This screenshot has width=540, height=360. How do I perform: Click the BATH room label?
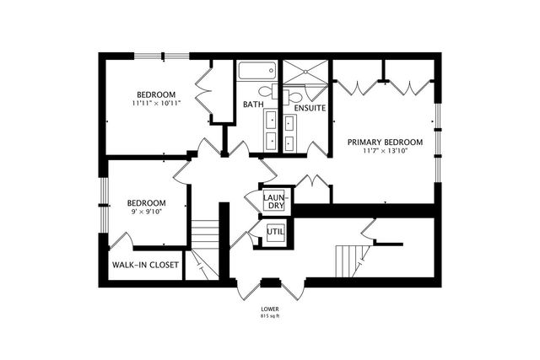click(252, 105)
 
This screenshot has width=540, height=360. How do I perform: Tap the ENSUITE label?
click(310, 108)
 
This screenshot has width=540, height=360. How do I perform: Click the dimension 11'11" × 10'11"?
click(157, 103)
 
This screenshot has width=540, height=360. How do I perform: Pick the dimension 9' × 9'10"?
click(146, 212)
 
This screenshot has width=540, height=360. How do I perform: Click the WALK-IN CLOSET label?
click(144, 265)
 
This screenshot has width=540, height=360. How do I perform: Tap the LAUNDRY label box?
click(274, 201)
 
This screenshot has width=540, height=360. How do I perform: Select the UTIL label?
click(275, 232)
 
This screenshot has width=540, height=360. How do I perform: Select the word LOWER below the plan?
click(271, 309)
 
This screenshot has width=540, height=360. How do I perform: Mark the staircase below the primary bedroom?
click(349, 256)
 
